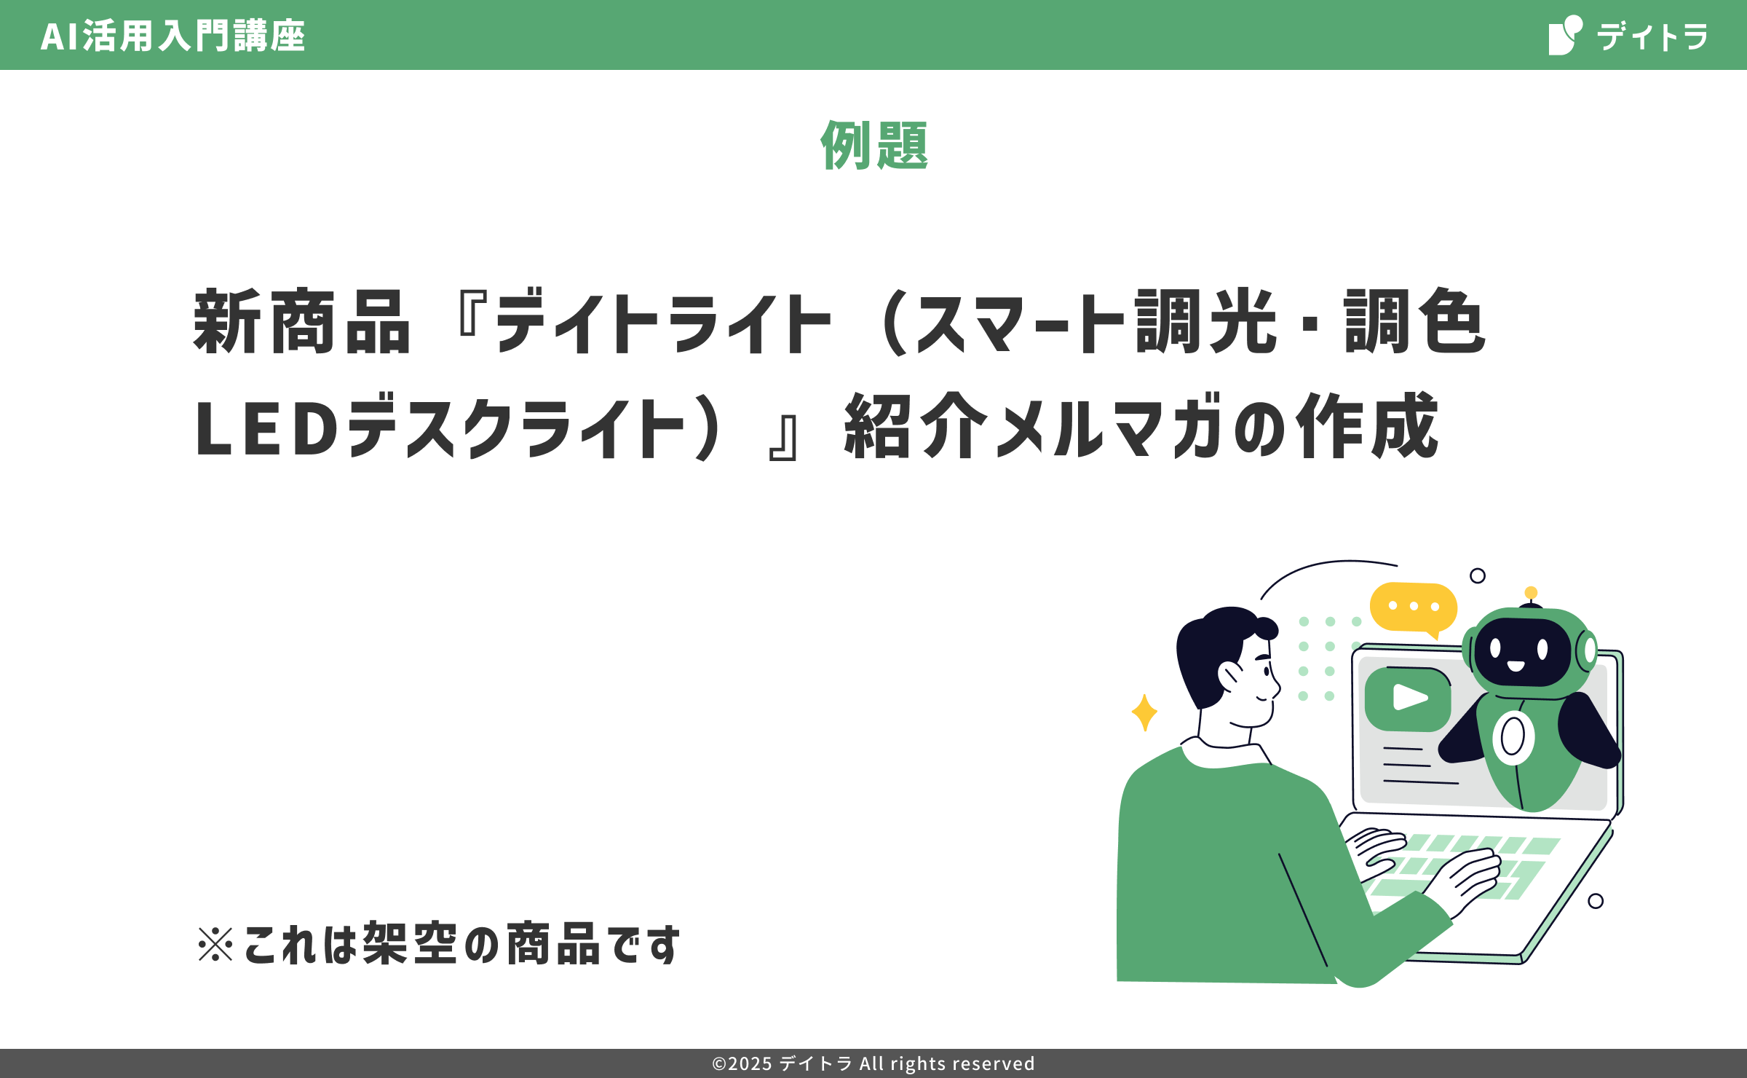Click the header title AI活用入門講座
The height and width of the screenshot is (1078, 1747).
tap(173, 36)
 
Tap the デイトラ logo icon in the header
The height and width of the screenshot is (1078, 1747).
tap(1565, 35)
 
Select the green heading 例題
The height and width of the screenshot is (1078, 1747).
tap(874, 145)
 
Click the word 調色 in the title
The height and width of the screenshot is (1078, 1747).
tap(1415, 321)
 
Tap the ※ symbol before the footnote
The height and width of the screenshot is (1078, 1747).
tap(215, 944)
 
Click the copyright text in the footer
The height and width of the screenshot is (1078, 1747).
tap(873, 1063)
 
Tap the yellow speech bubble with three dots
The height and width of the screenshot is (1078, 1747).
tap(1414, 609)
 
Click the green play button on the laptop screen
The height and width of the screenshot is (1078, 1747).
tap(1408, 699)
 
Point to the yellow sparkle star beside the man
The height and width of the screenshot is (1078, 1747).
tap(1144, 712)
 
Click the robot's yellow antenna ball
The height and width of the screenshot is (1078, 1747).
tap(1531, 593)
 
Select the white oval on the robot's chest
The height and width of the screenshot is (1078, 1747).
tap(1513, 737)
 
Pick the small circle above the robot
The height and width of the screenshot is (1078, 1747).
tap(1478, 575)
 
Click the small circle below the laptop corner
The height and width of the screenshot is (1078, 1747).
tap(1596, 901)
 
